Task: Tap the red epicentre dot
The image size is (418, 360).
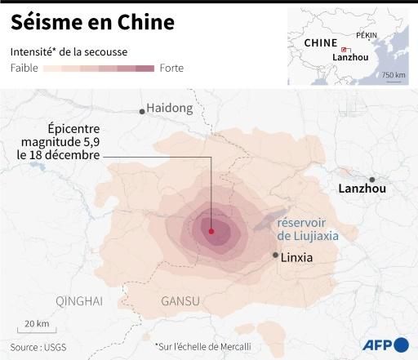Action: click(x=211, y=232)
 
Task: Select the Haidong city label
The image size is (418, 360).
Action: click(x=170, y=108)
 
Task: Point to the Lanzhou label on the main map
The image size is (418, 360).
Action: click(x=361, y=189)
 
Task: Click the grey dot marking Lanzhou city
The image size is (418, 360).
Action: click(x=372, y=180)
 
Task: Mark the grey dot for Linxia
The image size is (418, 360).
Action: click(x=275, y=256)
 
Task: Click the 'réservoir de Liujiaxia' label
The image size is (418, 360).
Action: click(x=306, y=229)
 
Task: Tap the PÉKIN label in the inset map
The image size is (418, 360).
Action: click(x=367, y=35)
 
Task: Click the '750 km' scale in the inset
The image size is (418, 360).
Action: click(x=394, y=75)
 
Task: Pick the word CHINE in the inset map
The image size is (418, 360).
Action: click(x=321, y=42)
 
